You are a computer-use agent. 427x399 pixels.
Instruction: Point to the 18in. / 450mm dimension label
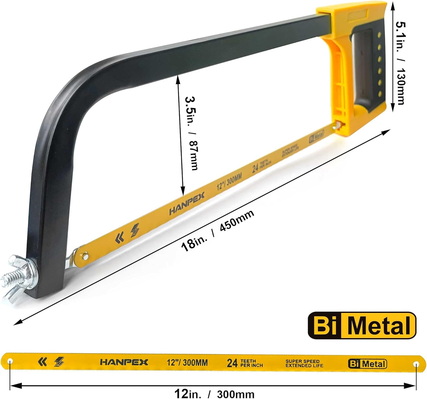pos(218,231)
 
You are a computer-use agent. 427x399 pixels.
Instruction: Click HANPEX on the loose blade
pos(124,362)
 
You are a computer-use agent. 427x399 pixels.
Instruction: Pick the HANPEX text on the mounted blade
pos(187,203)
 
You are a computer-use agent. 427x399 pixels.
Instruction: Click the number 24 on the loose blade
pos(232,363)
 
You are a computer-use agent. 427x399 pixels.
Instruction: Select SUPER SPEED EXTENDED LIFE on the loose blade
pos(304,363)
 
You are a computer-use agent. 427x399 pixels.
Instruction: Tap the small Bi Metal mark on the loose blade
pos(367,364)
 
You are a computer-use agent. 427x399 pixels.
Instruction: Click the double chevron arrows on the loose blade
pos(43,362)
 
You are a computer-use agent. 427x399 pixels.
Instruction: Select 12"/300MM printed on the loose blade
pos(187,363)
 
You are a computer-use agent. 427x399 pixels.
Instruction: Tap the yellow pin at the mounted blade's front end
pos(85,256)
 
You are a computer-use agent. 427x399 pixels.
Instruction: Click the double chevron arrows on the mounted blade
pos(120,238)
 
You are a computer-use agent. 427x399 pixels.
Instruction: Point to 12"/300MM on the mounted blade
pos(229,182)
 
